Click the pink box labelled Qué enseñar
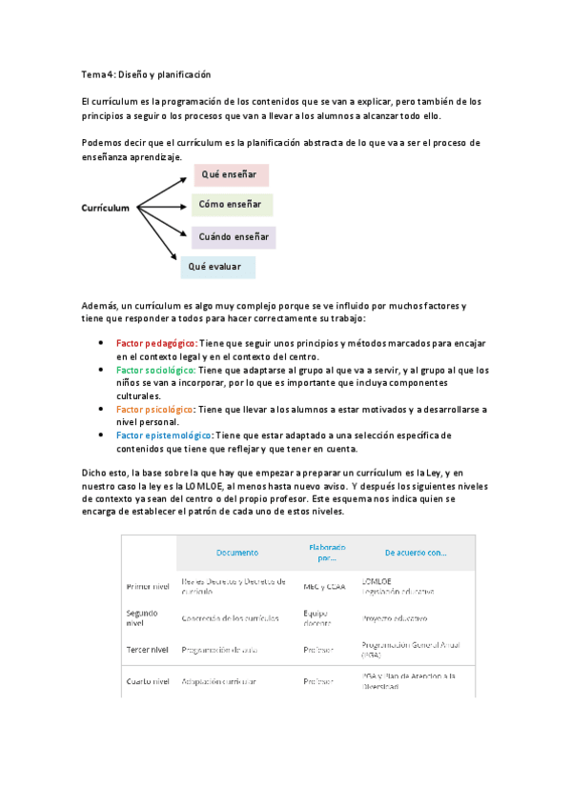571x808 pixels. (232, 175)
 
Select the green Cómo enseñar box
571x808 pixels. (234, 205)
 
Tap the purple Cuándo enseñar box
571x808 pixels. (234, 236)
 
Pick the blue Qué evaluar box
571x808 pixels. (217, 267)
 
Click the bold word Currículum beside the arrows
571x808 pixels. (105, 207)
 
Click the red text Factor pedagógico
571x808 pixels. (156, 342)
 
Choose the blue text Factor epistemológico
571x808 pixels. (164, 435)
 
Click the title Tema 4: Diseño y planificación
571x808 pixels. (146, 73)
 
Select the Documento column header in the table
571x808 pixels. (237, 553)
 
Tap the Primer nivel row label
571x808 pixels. (148, 586)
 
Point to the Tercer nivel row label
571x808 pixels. (148, 650)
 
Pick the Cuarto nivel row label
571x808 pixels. (148, 681)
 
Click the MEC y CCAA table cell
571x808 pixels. (325, 586)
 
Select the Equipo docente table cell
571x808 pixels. (316, 617)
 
